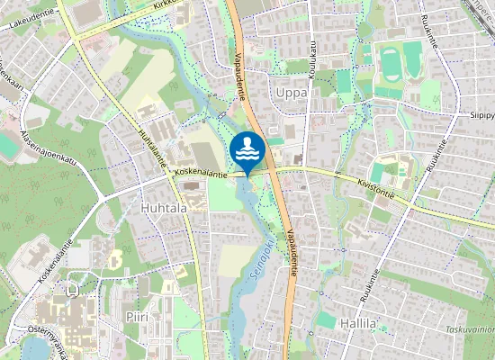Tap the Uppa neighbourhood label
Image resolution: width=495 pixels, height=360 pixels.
click(291, 93)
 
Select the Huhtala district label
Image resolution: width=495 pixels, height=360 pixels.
click(164, 207)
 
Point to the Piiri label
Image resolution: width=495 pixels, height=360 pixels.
click(137, 317)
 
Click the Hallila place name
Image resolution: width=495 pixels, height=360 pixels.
click(358, 323)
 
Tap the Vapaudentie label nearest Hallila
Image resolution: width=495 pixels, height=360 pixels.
click(294, 251)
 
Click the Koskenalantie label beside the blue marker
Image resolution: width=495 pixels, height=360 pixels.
click(202, 170)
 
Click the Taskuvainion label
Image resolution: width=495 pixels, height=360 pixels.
click(469, 329)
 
